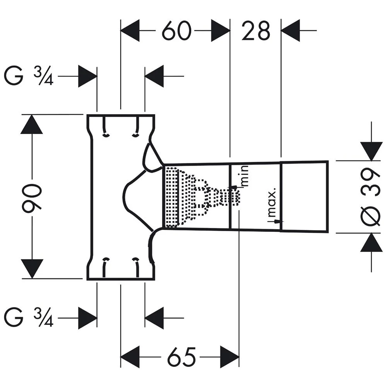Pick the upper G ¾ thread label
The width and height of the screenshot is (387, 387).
(28, 76)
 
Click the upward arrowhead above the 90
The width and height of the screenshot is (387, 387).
(32, 125)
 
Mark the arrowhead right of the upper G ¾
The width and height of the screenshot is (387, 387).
(87, 76)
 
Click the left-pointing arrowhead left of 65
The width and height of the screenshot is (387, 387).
(130, 356)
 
